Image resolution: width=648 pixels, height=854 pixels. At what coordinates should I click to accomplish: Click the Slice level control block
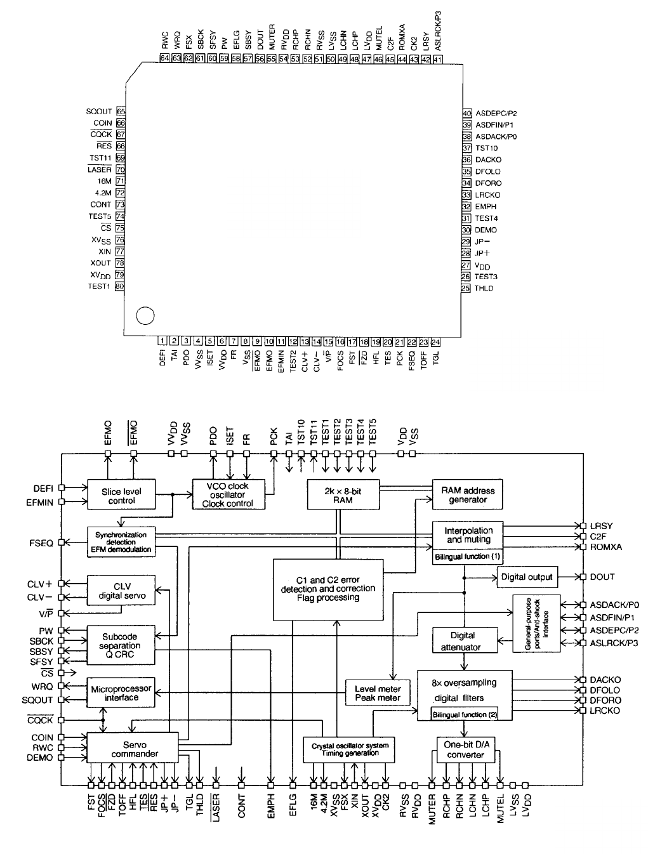[x=121, y=496]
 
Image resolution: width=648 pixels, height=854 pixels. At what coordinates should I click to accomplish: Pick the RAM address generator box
[x=468, y=494]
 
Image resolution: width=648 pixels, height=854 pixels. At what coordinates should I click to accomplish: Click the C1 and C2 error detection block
[x=327, y=589]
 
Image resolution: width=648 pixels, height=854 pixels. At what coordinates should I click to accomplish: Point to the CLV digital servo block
[x=121, y=591]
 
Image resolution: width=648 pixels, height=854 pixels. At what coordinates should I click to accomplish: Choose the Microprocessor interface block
[x=121, y=693]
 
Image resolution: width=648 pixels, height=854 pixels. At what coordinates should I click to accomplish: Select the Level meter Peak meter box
[x=377, y=693]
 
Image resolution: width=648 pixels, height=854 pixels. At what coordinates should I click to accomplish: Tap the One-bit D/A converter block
[x=465, y=750]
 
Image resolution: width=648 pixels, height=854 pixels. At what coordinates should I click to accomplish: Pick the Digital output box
[x=527, y=577]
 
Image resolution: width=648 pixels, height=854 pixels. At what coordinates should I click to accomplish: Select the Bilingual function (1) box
[x=468, y=556]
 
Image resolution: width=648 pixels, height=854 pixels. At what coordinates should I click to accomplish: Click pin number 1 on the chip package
[x=162, y=341]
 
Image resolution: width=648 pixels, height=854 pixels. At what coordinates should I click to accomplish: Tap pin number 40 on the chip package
[x=466, y=113]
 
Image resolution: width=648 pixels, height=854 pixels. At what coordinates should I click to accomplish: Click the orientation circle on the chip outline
[x=145, y=314]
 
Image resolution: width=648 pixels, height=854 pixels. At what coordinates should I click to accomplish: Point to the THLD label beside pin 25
[x=484, y=289]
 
